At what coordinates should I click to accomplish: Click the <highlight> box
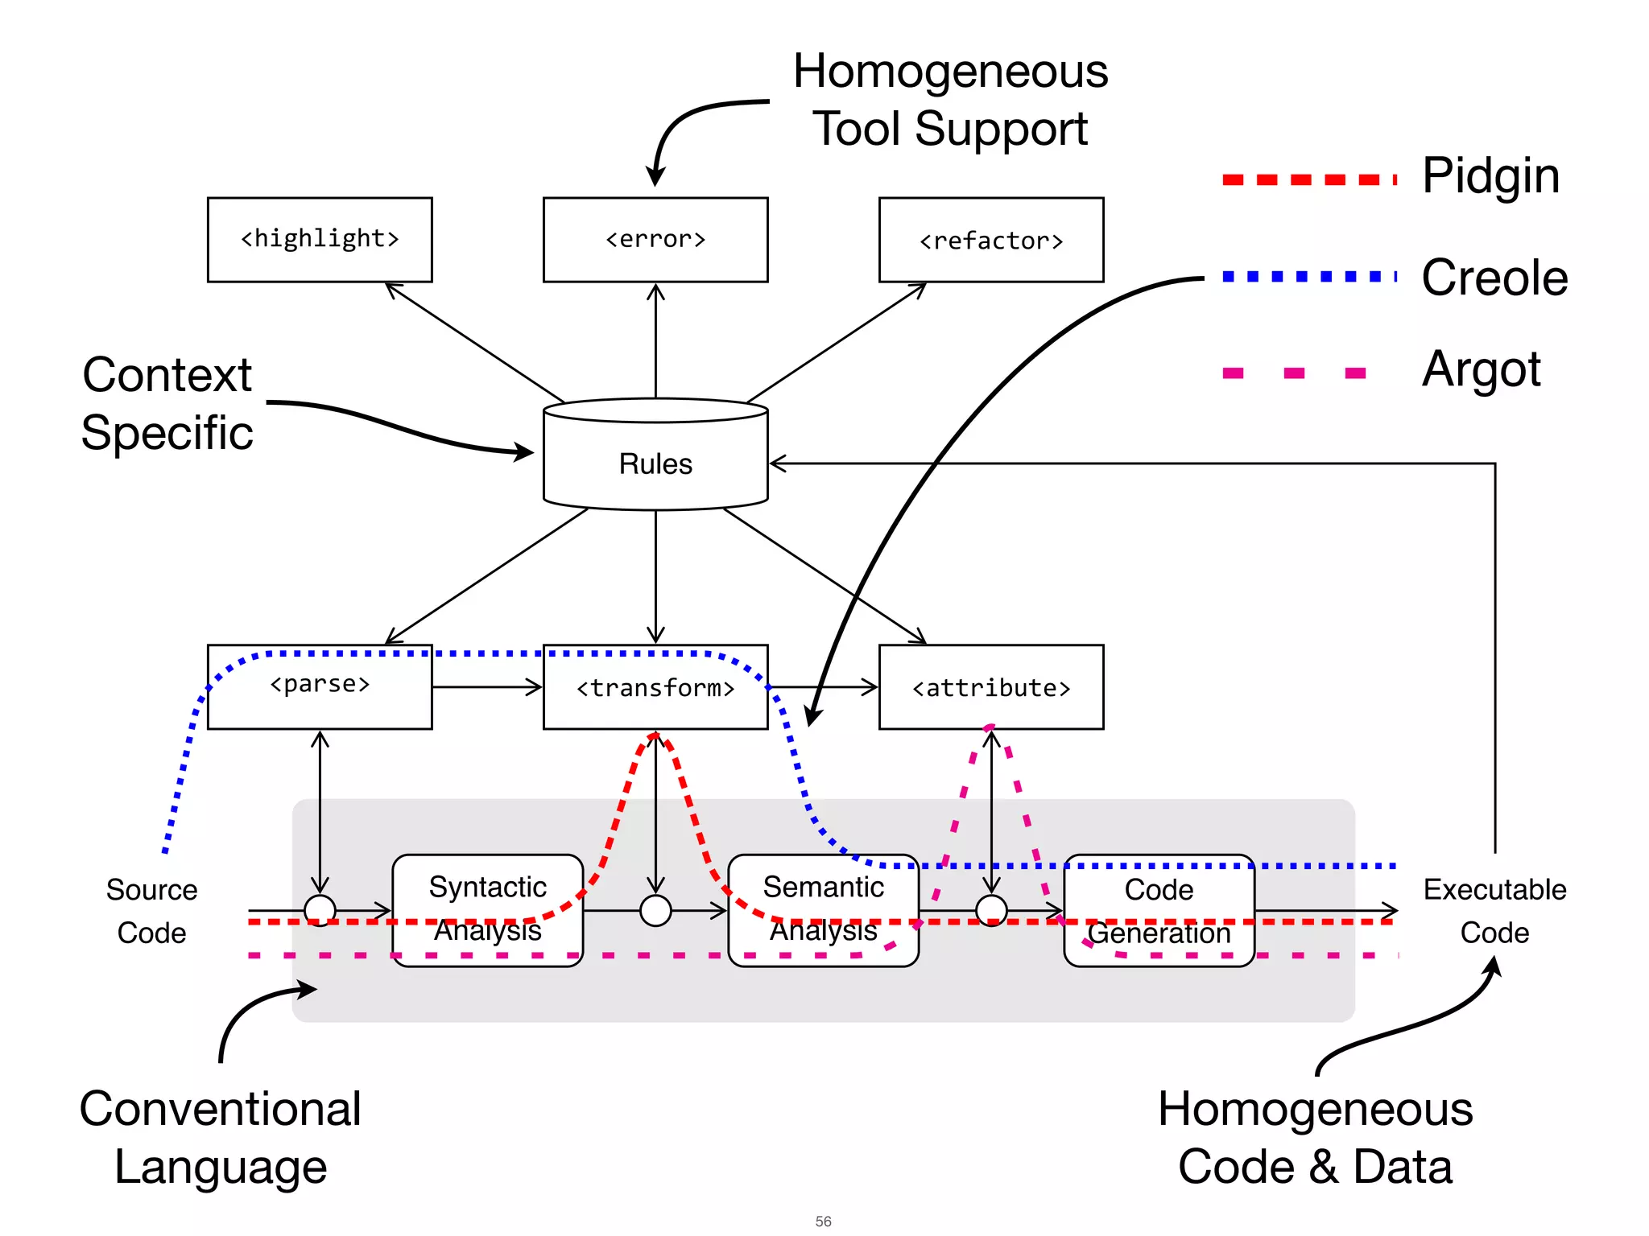(320, 240)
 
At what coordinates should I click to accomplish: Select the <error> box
(655, 240)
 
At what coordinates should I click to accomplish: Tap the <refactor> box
(991, 240)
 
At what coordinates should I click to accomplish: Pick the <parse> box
(320, 686)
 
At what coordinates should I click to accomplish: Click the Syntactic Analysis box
(488, 909)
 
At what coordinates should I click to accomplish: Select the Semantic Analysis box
(823, 909)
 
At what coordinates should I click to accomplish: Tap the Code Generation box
(1159, 909)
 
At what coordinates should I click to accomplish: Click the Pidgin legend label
(1490, 176)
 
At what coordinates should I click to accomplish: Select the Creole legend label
(1494, 278)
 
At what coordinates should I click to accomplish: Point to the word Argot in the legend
(1481, 369)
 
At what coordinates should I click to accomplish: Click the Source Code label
(151, 911)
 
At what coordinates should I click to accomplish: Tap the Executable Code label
(1494, 911)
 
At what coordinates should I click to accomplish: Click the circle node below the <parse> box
(320, 911)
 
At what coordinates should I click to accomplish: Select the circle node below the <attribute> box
(991, 911)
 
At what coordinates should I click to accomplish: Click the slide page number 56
(823, 1221)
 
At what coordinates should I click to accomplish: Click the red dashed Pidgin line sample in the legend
(1308, 179)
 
